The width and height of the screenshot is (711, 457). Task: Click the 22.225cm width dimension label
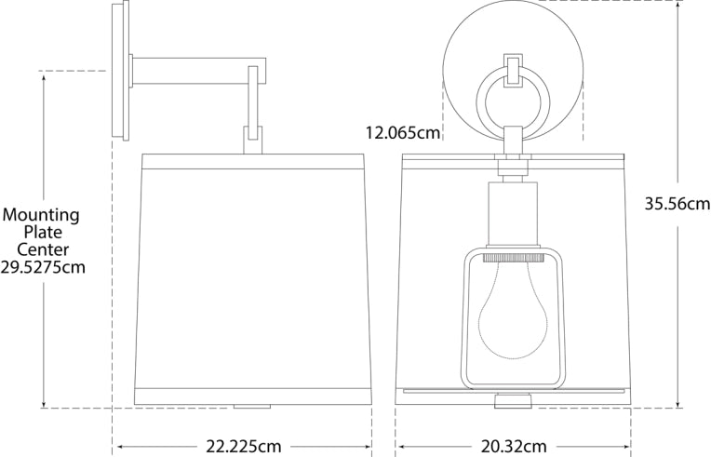[243, 447]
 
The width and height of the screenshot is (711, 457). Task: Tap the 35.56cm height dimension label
[677, 204]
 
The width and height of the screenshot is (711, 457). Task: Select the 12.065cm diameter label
[402, 133]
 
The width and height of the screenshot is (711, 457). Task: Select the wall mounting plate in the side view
[120, 70]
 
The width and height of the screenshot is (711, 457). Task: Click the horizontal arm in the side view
[195, 70]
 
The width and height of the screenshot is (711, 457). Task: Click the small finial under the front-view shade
[512, 401]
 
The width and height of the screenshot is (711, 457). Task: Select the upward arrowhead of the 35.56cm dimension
[679, 6]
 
